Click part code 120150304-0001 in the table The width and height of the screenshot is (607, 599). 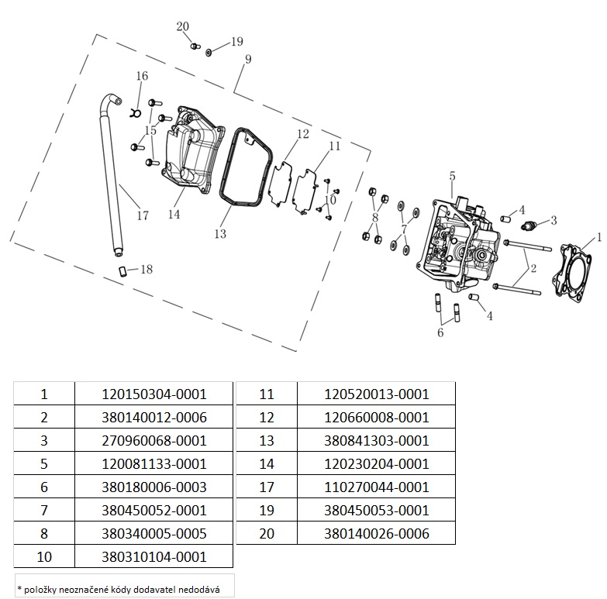coord(154,394)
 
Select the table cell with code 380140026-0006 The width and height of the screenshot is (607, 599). coord(376,533)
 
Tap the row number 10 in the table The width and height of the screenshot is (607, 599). coord(44,556)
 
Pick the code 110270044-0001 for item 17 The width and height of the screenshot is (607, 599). coord(376,487)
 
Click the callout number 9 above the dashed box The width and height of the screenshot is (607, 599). coord(248,59)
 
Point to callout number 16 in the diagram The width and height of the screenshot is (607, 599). coord(142,76)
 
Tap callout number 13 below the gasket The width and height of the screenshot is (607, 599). coord(220,234)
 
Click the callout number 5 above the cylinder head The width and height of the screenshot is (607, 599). coord(452,176)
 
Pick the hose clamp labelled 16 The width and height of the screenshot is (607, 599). coord(134,112)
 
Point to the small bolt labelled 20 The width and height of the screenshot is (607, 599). coord(195,46)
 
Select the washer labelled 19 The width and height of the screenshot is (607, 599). coord(209,52)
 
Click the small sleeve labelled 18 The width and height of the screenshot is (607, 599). coord(122,271)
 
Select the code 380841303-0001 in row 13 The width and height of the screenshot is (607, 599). coord(376,440)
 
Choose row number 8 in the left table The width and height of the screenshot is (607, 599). coord(44,533)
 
